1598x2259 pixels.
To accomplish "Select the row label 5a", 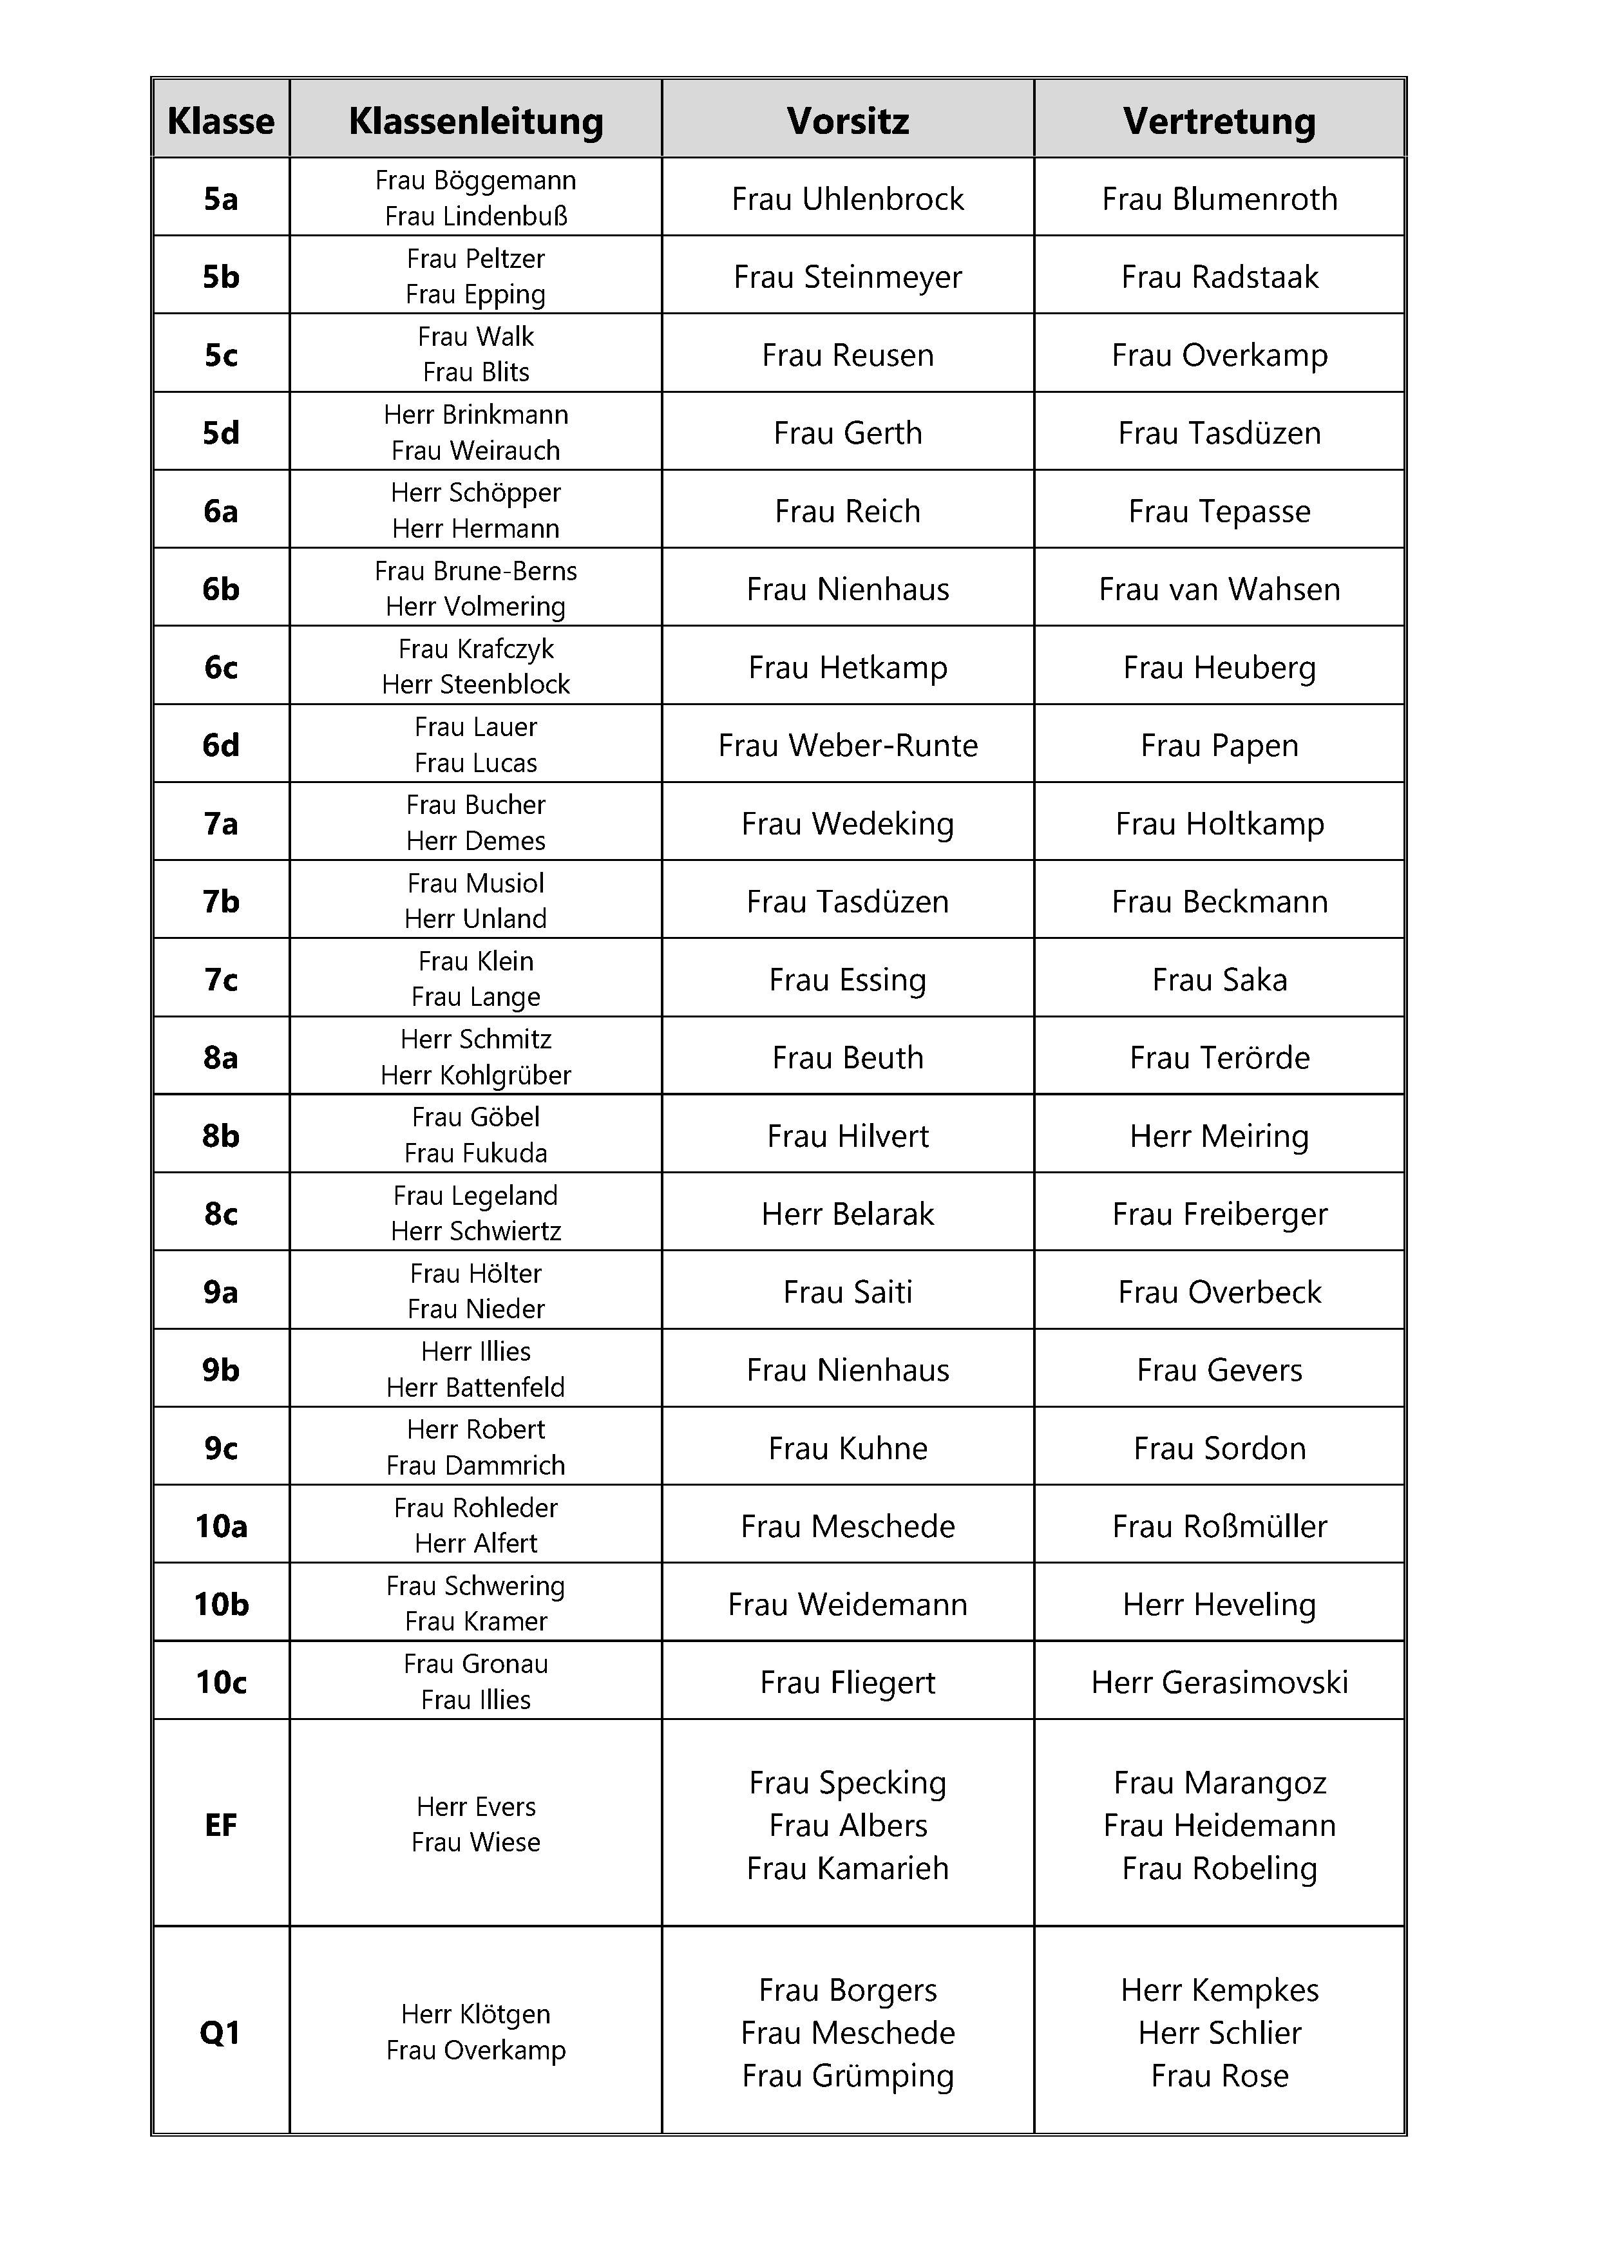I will (220, 199).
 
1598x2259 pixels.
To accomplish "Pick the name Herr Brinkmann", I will (475, 414).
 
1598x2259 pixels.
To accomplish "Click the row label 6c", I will (220, 667).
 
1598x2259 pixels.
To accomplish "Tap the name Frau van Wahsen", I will (1219, 589).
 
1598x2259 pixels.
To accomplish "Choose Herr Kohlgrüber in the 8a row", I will (475, 1075).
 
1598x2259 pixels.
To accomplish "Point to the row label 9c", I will (220, 1448).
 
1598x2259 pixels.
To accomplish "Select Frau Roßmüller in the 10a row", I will (1219, 1526).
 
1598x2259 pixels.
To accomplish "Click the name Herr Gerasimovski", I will (1219, 1683).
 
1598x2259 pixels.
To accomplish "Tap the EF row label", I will (220, 1825).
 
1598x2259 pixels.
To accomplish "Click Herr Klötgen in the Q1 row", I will (475, 2014).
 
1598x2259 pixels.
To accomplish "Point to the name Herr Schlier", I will (1219, 2033).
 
